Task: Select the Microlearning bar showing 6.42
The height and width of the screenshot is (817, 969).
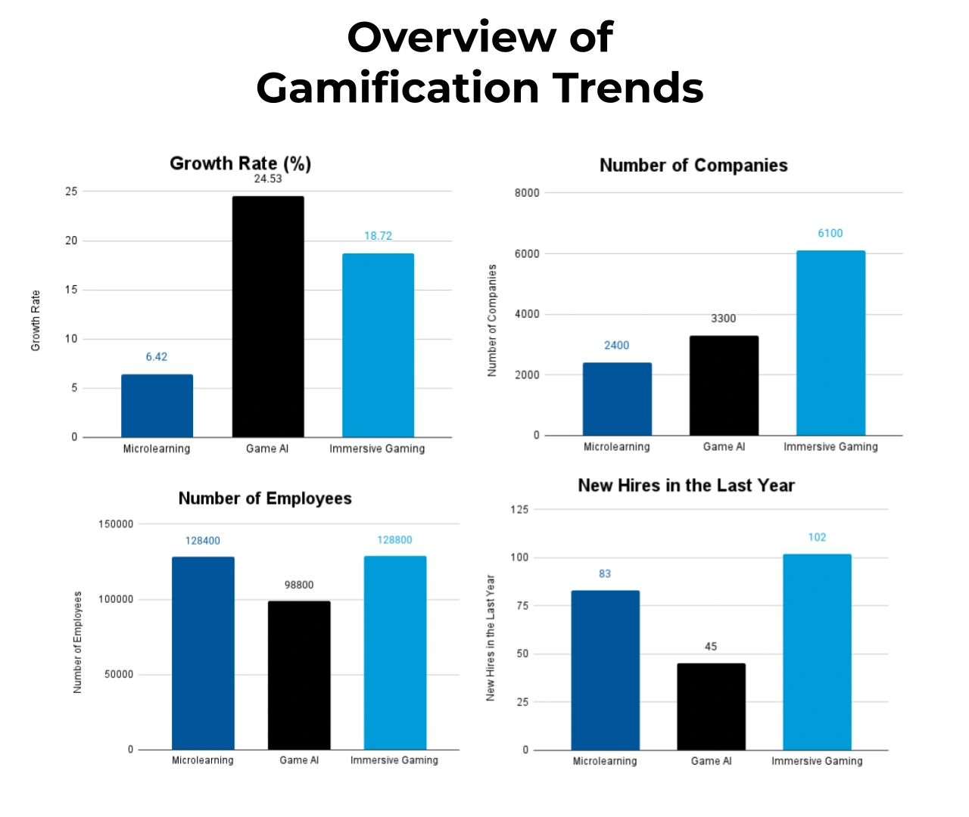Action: (x=157, y=405)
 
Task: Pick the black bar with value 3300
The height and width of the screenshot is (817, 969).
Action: (x=724, y=385)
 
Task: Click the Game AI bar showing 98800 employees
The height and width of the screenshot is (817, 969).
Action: (x=299, y=675)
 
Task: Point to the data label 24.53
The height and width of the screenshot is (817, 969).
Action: (x=268, y=179)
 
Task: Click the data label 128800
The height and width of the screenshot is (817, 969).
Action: (x=394, y=540)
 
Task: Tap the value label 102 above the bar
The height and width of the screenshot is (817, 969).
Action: (x=817, y=537)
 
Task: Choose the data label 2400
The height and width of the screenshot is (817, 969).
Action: (x=616, y=345)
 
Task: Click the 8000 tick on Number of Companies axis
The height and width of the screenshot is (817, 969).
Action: (x=527, y=193)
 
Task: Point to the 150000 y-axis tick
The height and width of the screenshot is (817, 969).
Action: (x=116, y=523)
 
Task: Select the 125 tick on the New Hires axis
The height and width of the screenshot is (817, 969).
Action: (x=519, y=509)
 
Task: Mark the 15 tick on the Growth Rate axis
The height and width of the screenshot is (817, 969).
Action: (x=71, y=290)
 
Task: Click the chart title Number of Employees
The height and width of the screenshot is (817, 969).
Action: (x=265, y=499)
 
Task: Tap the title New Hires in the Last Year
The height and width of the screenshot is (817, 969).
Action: (x=686, y=486)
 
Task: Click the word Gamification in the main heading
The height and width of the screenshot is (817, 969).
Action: (x=398, y=88)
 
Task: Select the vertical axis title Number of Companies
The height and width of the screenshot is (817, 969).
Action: (x=492, y=320)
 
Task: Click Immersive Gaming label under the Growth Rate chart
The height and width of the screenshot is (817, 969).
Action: (x=377, y=449)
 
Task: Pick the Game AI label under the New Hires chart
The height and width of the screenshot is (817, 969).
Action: (x=711, y=761)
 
